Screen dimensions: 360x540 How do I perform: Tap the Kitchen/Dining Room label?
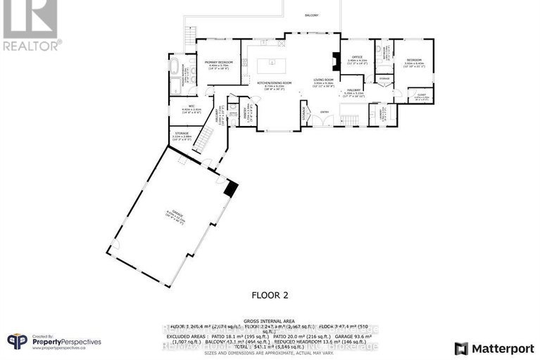coord(270,83)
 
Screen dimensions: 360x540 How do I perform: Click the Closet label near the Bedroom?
coord(421,95)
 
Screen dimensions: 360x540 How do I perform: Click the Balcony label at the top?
coord(311,15)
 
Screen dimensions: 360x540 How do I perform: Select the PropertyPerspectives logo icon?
coord(17,342)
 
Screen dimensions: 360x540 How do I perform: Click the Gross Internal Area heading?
coord(270,318)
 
